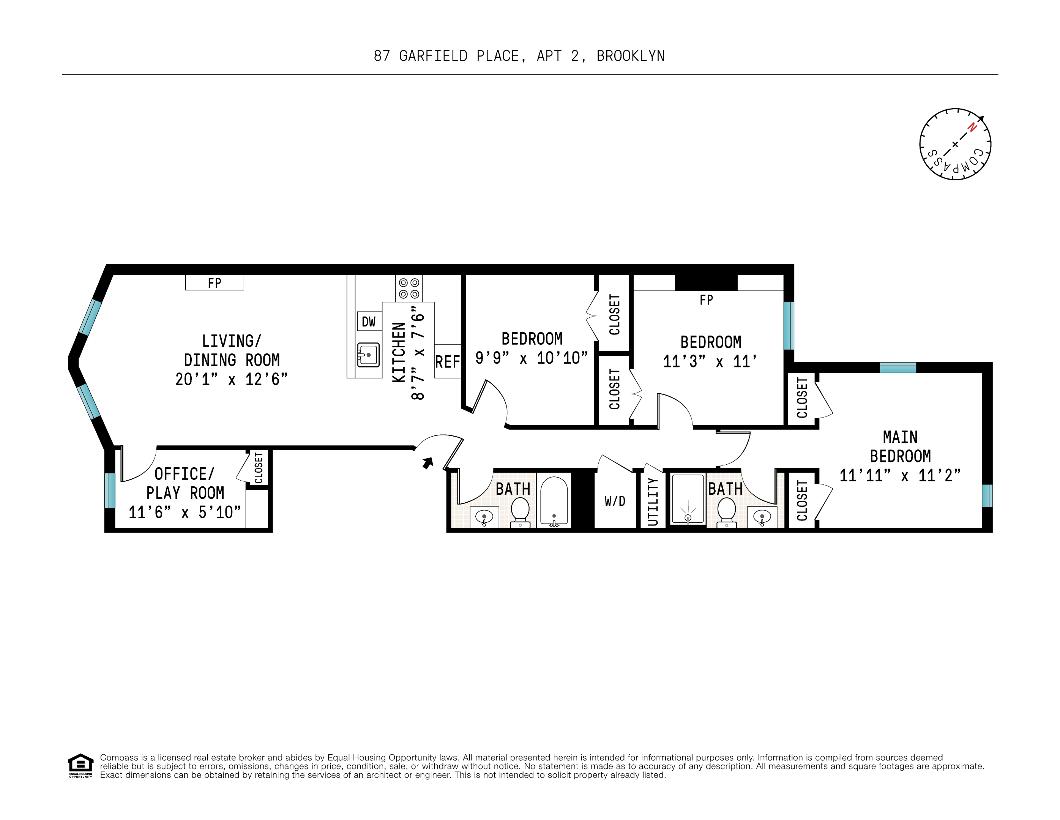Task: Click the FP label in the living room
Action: pos(215,283)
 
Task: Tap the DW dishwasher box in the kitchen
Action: pos(369,322)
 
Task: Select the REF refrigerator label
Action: pos(447,362)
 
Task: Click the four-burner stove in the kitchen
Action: pos(409,288)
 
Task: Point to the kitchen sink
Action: pos(368,355)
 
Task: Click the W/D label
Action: pos(615,501)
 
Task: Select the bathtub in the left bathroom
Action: pos(554,501)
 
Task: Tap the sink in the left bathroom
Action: pos(484,517)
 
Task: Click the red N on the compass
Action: pos(972,128)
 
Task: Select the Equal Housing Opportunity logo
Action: pos(80,766)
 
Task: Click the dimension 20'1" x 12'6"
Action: pos(232,379)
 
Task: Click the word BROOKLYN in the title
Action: pos(631,56)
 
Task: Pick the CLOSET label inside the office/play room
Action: pos(259,468)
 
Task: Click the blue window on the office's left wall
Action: pos(110,490)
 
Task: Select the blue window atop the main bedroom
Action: pos(898,368)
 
